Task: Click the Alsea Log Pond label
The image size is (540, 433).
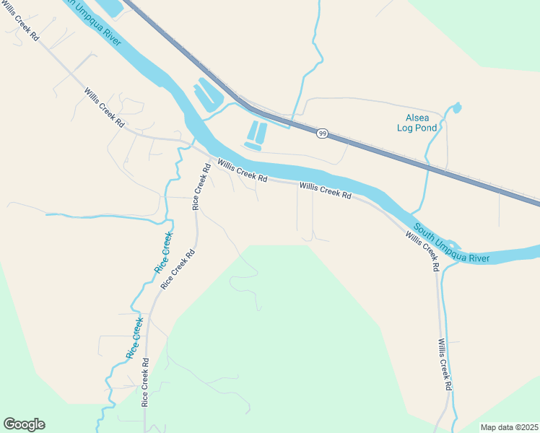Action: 417,123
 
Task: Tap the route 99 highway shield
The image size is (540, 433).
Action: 323,134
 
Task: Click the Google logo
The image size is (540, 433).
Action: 24,424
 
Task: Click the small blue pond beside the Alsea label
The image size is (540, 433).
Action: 456,108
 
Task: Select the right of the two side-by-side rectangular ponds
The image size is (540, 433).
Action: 262,132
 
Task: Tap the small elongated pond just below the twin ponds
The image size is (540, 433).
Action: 253,146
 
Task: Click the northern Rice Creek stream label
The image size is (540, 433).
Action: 164,252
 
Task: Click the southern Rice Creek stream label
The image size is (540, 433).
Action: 135,339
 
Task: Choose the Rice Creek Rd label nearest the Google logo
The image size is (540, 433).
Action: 145,382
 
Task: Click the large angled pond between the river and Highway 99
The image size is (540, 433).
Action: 208,95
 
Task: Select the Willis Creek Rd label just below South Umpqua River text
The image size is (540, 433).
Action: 422,250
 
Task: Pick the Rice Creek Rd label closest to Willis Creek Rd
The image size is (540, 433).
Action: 201,187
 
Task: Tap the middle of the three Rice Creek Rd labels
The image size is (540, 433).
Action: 178,269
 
